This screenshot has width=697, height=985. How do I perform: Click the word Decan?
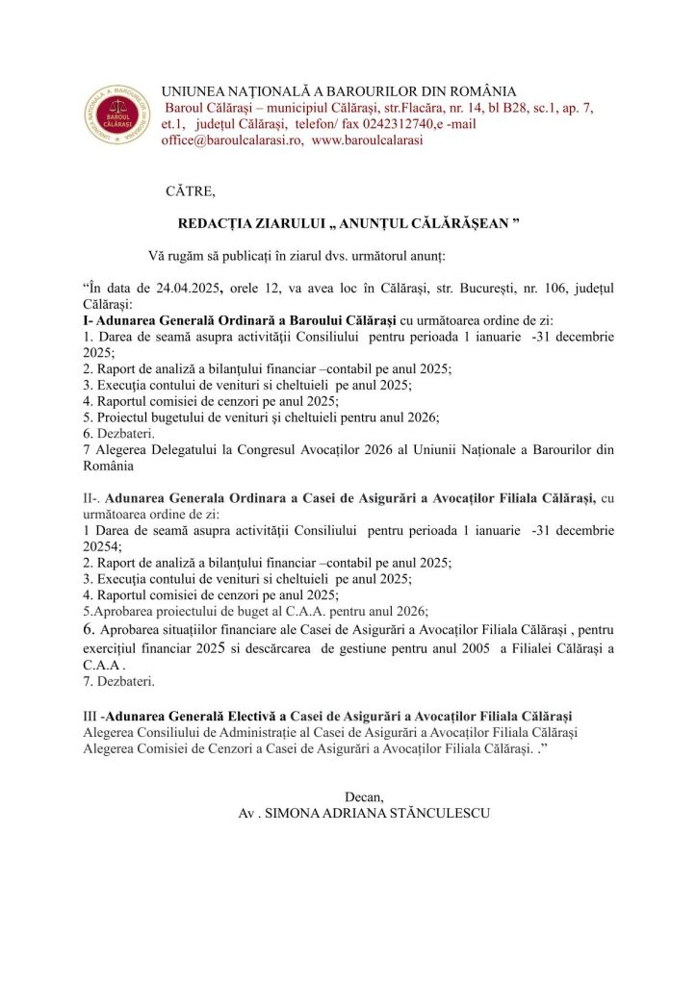(x=364, y=796)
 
